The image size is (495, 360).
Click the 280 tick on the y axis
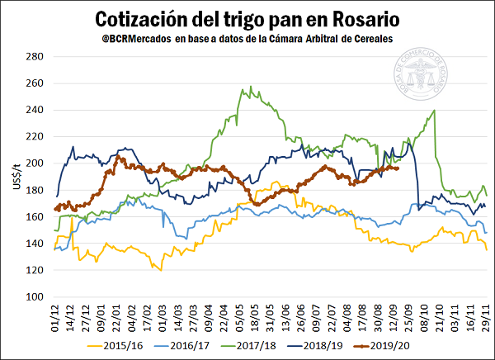pos(33,56)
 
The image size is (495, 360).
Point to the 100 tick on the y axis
pos(33,296)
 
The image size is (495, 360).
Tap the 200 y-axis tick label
pos(33,163)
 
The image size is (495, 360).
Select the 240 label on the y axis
pos(33,110)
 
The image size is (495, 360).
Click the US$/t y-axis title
pos(12,174)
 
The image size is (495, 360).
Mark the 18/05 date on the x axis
pos(256,316)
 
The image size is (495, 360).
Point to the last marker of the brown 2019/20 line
pos(397,168)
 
